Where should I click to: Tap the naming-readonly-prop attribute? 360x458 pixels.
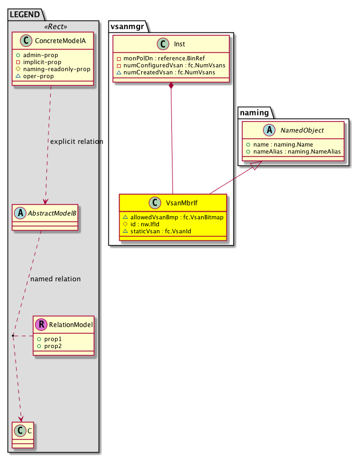click(x=52, y=70)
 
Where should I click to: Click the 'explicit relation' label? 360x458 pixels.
click(x=76, y=142)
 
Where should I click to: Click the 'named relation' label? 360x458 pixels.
click(x=56, y=279)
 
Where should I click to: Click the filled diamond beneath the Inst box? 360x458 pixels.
click(x=171, y=86)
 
